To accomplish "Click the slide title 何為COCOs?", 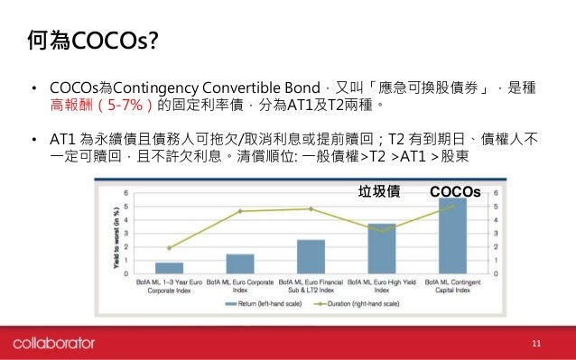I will (x=89, y=39).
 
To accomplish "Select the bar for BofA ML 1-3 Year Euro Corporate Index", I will (x=169, y=267).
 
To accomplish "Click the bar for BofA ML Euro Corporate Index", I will (x=239, y=263).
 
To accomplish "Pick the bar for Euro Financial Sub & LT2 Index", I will (x=311, y=255).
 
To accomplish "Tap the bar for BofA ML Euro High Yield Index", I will (x=381, y=247).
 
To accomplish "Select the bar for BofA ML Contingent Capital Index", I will (x=452, y=235).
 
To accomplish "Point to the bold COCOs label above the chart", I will (x=455, y=190).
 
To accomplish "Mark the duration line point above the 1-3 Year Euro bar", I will (x=169, y=247).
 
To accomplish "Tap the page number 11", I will (x=536, y=343).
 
